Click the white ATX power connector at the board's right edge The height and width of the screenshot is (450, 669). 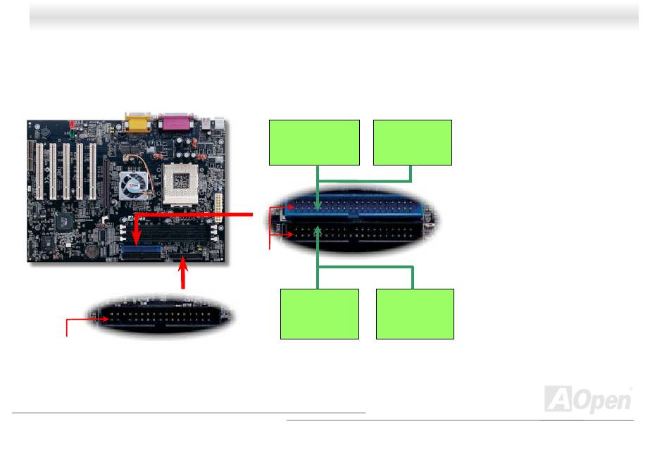click(220, 209)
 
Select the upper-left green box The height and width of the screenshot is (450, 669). click(315, 142)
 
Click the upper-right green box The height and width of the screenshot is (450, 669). click(413, 142)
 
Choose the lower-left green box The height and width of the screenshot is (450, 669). click(320, 313)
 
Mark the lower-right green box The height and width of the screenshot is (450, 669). click(415, 313)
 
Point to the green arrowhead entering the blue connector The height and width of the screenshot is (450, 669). click(319, 206)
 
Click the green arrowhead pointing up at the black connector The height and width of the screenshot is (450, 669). click(319, 229)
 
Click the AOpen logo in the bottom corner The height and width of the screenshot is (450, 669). click(588, 399)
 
